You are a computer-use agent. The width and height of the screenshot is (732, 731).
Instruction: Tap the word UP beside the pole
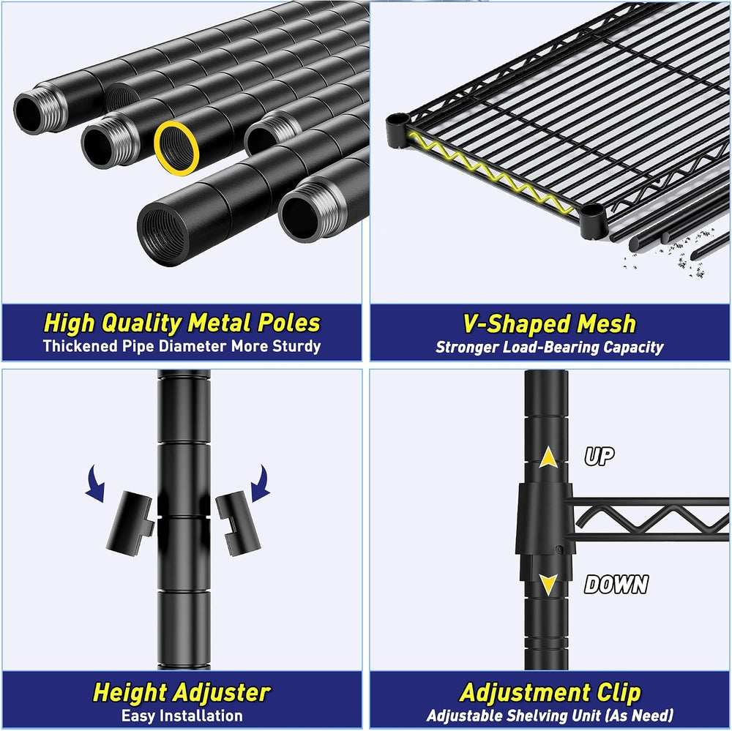point(600,456)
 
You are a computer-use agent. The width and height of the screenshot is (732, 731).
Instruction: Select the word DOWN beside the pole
point(616,584)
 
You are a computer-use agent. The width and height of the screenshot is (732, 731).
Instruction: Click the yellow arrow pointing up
point(548,457)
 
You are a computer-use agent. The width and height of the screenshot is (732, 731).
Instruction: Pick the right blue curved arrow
point(261,484)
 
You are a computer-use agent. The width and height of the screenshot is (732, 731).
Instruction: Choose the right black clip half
point(238,522)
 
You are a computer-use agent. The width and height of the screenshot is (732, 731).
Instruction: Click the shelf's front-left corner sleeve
point(397,130)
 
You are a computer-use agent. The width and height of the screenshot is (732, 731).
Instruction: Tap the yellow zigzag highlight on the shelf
point(491,173)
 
